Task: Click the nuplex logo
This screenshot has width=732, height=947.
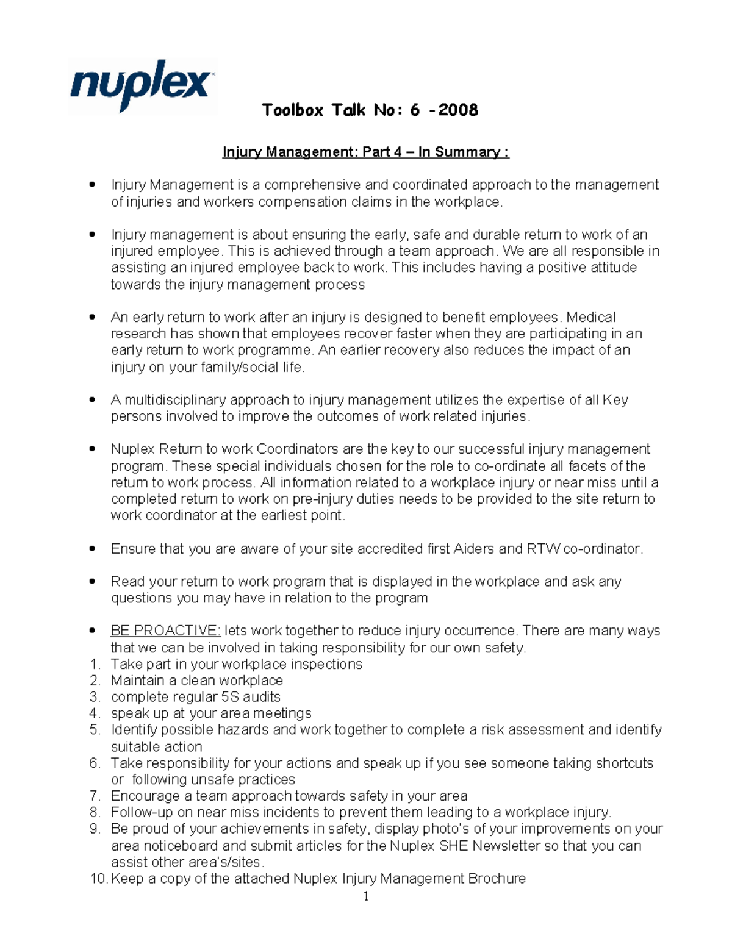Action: (x=142, y=85)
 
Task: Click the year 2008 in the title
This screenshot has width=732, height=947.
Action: (x=458, y=110)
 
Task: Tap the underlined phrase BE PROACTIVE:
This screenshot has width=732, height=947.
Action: (x=165, y=631)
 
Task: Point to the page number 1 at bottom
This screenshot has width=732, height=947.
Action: (x=366, y=896)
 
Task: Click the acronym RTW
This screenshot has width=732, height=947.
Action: (x=543, y=549)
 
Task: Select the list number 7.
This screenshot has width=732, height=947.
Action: (x=95, y=796)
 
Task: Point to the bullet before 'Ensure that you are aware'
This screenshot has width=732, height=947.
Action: (x=93, y=549)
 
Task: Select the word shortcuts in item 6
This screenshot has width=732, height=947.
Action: (x=624, y=763)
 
